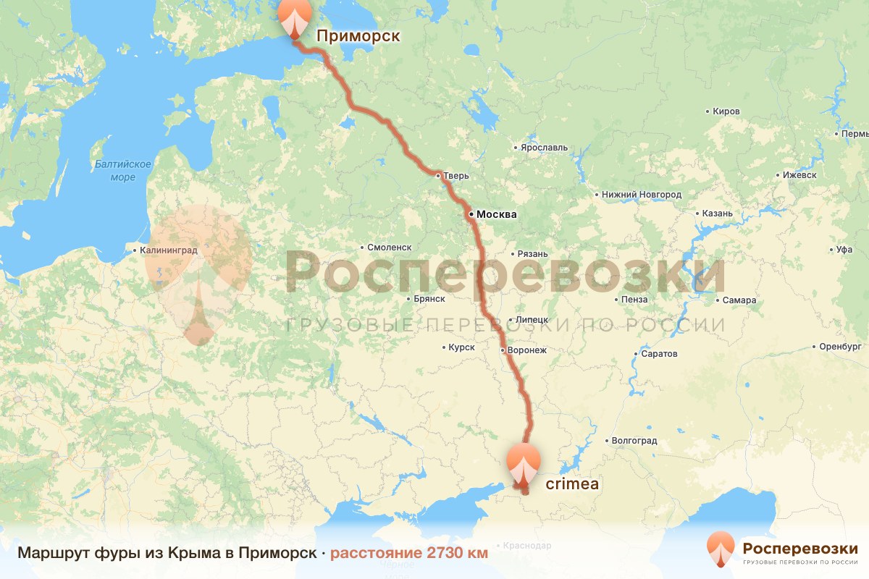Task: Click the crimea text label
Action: click(x=572, y=484)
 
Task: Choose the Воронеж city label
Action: click(x=527, y=350)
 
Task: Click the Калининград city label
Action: click(x=169, y=250)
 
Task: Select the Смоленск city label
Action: click(x=389, y=247)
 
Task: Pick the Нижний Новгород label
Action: click(x=642, y=195)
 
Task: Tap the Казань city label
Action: click(x=718, y=214)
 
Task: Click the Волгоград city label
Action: click(x=634, y=440)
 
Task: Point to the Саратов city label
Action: click(x=660, y=354)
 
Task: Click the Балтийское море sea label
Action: click(x=123, y=170)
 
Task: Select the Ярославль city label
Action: click(x=544, y=147)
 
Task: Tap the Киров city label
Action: click(x=726, y=111)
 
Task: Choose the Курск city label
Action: click(x=461, y=347)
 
